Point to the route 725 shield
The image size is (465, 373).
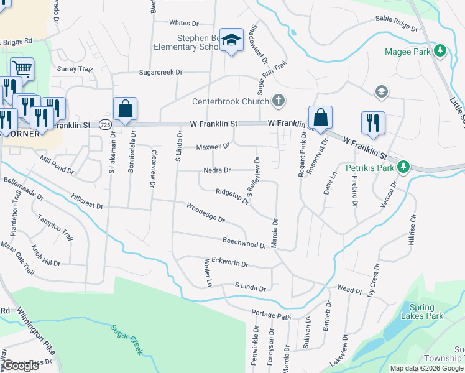(104, 125)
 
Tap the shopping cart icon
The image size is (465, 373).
(22, 68)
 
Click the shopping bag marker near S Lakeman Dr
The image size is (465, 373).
(125, 109)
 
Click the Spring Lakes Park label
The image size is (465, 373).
(426, 311)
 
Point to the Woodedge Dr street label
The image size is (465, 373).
(205, 212)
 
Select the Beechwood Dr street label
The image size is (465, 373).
(244, 242)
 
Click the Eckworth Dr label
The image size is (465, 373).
(229, 264)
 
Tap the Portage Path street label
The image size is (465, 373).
(271, 315)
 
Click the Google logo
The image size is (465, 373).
(21, 366)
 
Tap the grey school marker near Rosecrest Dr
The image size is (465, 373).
(381, 92)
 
